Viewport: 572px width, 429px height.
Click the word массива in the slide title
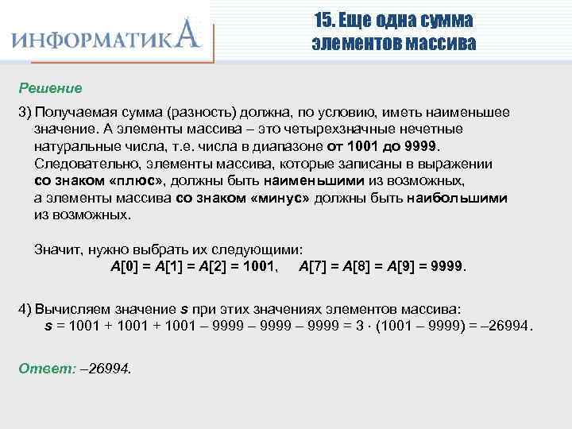point(441,43)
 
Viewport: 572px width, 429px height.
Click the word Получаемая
point(74,114)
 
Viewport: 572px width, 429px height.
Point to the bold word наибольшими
point(458,198)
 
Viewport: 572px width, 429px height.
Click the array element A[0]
point(125,265)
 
